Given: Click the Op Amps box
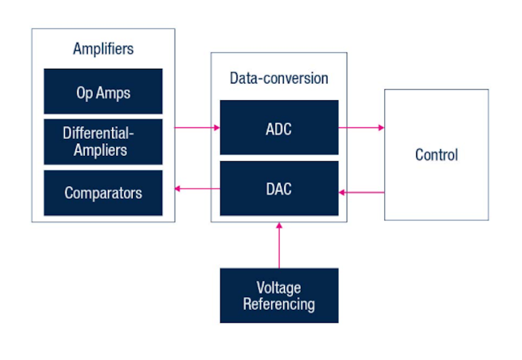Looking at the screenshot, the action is coord(103,91).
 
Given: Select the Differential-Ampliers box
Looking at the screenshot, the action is coord(103,142).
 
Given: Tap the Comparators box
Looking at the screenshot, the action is coord(103,193).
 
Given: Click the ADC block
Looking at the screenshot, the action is coord(279,127).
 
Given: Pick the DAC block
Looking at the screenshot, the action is coord(279,188).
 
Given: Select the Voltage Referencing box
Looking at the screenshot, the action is coord(279,295).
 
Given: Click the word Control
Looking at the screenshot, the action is coord(436,155).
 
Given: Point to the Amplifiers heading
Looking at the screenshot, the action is coord(103,49).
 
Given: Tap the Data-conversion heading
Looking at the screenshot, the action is coord(279,78).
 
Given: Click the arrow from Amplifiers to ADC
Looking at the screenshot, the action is coord(197,127).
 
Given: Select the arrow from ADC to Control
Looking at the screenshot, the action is coord(361,127).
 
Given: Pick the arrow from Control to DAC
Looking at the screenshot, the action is coord(361,192).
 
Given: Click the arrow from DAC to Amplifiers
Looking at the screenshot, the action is coord(198,188).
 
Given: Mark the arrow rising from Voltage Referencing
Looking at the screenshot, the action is coord(279,246).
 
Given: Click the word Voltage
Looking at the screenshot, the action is coord(279,288).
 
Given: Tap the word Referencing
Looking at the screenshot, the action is coord(279,304).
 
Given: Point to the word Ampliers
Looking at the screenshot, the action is coord(100,150).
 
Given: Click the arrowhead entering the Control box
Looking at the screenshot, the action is coord(381,127).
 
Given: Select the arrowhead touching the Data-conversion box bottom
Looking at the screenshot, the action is coord(279,225).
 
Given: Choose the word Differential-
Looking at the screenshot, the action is coord(98,133).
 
